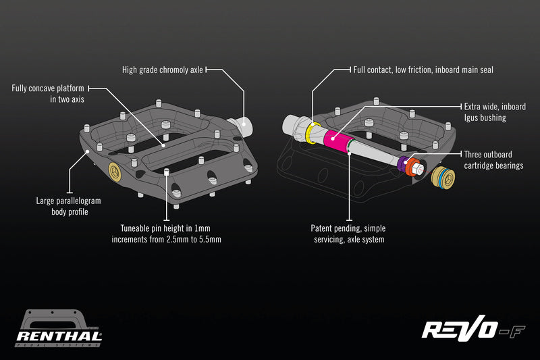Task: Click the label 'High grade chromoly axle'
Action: [x=162, y=70]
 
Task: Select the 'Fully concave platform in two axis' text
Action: [x=47, y=93]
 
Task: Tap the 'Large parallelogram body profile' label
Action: [x=70, y=206]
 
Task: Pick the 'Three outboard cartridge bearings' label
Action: [x=494, y=159]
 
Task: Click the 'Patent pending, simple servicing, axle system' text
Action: [x=348, y=234]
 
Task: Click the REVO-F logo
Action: [x=473, y=329]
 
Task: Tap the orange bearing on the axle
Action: [x=412, y=168]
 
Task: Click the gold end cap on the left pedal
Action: [x=117, y=174]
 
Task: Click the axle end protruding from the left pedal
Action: [x=240, y=125]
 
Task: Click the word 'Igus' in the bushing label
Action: [x=470, y=118]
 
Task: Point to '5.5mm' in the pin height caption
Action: [x=208, y=239]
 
